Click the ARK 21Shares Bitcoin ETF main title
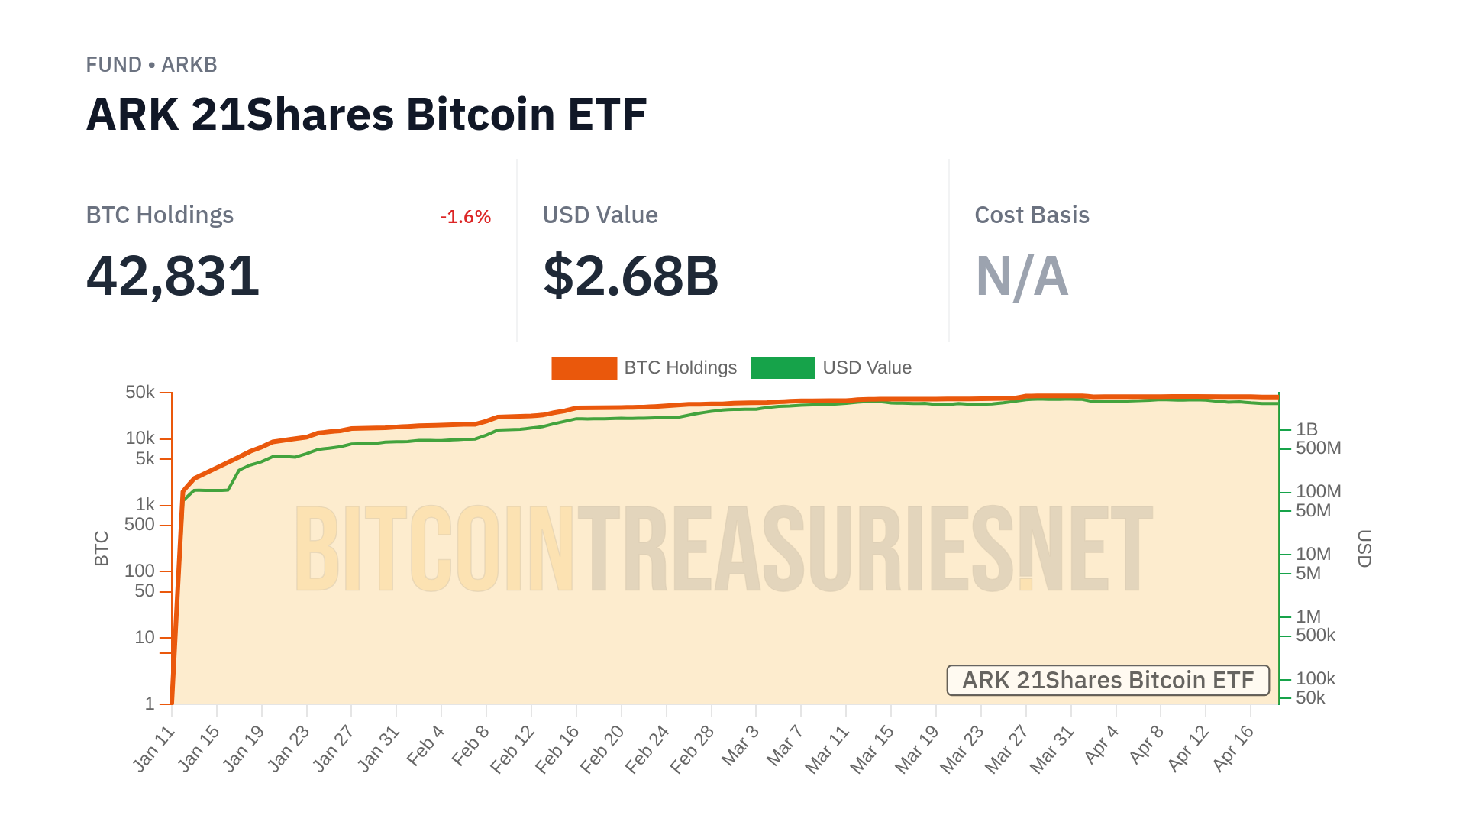coord(366,115)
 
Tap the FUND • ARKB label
coord(151,65)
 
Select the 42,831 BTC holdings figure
coord(173,276)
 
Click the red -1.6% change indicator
coord(465,217)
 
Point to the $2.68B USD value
coord(631,276)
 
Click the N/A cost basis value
coord(1022,276)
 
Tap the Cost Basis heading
coord(1032,215)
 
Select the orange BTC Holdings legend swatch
coord(584,368)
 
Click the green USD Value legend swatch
coord(783,368)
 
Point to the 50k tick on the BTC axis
coord(140,393)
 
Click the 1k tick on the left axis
coord(145,505)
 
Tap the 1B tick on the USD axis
coord(1306,429)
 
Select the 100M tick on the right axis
coord(1318,492)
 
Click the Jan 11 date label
coord(154,749)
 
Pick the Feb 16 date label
coord(557,749)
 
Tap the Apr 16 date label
coord(1233,748)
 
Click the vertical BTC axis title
coord(102,548)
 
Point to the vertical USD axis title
coord(1364,548)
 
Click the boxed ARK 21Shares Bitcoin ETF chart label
coord(1108,680)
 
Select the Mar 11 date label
coord(828,749)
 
